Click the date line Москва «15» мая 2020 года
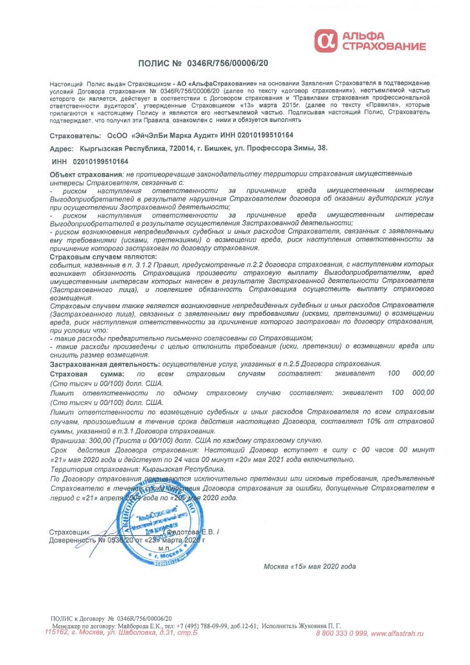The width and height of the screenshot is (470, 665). [309, 566]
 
